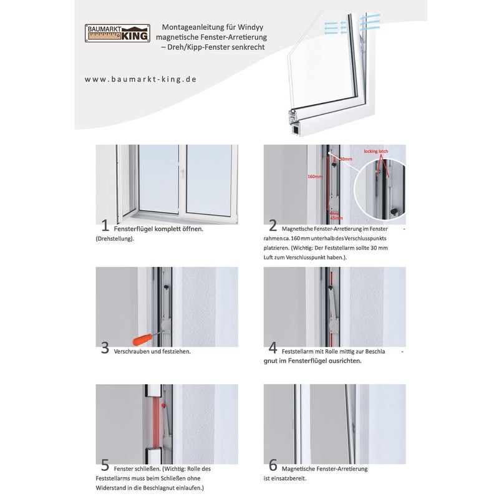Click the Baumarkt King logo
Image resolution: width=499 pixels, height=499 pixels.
117,34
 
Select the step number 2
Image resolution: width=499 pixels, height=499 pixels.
273,225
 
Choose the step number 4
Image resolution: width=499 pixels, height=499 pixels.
273,348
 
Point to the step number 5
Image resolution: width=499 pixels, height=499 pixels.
105,465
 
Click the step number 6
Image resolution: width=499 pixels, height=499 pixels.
273,465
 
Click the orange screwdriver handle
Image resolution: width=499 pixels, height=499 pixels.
142,339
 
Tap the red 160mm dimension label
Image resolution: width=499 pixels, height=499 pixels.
315,177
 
